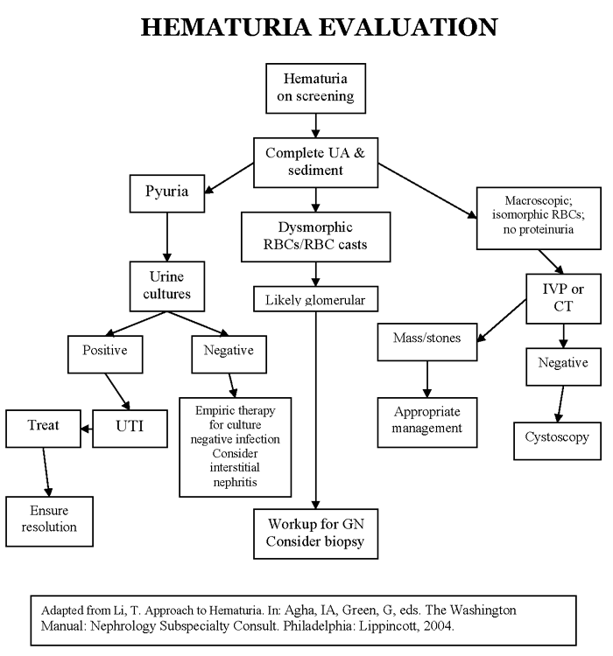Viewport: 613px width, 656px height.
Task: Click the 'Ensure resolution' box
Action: [49, 519]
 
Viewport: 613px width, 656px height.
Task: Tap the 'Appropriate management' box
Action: [427, 419]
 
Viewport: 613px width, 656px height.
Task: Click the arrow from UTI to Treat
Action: [91, 428]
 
